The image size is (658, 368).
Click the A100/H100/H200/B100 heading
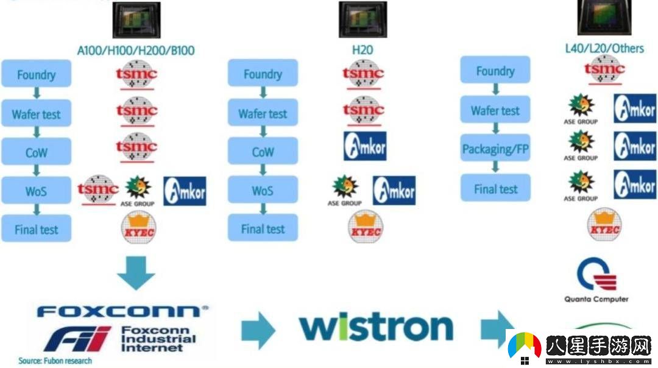136,50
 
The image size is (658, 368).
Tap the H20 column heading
363,50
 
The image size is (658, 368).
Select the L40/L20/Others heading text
604,48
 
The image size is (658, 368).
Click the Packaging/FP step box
495,149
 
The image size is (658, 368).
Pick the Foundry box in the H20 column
263,74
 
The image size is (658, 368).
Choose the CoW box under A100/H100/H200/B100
37,152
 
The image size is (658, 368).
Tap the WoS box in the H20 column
263,191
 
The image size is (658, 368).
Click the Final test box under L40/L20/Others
495,189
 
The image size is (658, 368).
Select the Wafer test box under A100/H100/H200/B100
37,114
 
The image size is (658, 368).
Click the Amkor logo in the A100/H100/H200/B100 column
185,191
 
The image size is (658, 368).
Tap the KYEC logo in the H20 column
365,227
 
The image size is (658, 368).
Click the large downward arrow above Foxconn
136,272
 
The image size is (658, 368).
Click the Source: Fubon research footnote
55,361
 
